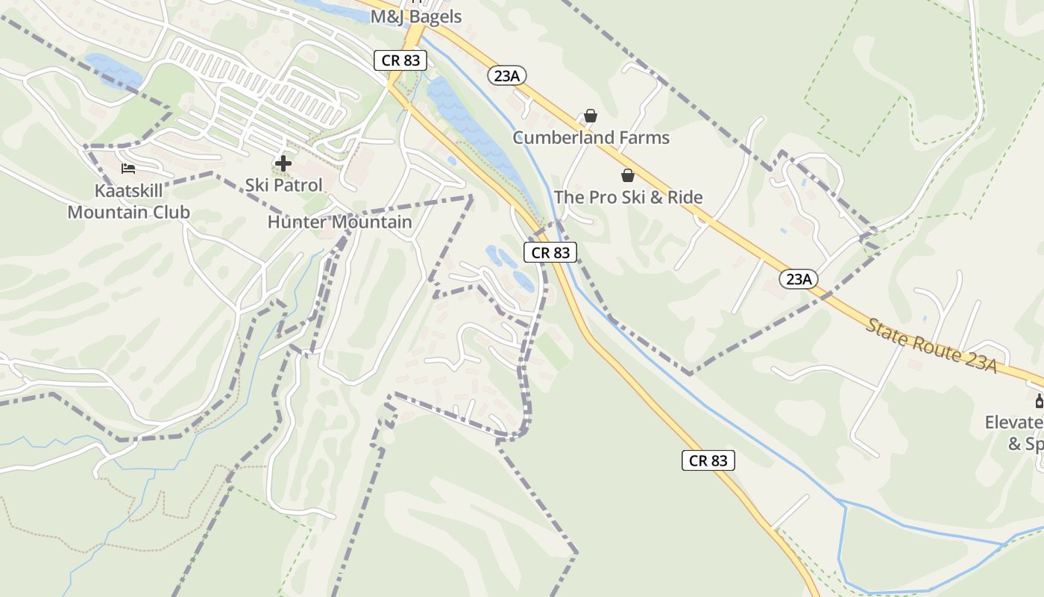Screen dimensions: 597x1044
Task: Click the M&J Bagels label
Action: pos(416,16)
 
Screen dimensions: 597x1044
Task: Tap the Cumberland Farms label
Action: pos(591,138)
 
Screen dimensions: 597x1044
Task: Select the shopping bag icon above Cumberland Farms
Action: pos(591,116)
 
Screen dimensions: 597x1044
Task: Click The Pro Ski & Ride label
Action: pos(628,198)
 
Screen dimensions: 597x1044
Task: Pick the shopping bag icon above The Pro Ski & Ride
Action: pos(628,175)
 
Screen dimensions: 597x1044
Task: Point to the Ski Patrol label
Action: pos(284,185)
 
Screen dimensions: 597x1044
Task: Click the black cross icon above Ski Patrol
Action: pos(283,163)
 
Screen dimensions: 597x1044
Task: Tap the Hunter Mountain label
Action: pos(339,222)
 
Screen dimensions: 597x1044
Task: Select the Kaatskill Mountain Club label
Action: pos(128,201)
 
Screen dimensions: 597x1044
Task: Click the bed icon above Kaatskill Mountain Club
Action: pos(128,169)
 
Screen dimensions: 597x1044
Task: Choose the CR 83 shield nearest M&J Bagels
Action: pos(401,60)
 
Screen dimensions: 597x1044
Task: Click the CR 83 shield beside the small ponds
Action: pos(550,252)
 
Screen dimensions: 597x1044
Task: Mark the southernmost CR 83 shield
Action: pos(708,460)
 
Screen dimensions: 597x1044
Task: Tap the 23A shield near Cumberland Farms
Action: pos(508,75)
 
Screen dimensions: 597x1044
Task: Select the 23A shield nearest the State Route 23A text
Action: pos(799,279)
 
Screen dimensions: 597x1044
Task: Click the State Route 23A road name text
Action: pos(931,346)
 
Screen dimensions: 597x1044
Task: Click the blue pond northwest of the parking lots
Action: pos(113,70)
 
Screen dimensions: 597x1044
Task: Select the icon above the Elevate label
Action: pos(1039,401)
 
